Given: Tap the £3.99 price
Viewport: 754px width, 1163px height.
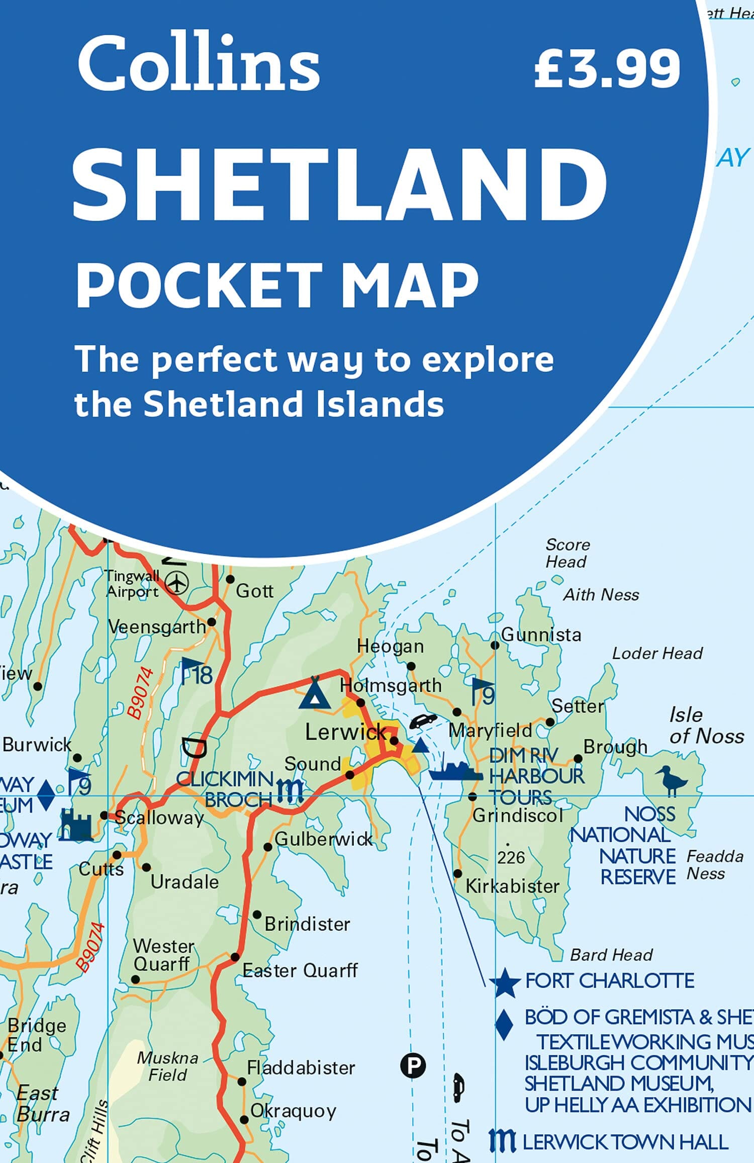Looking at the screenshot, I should [x=607, y=68].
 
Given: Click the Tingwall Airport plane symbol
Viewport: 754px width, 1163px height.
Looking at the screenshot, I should [x=176, y=583].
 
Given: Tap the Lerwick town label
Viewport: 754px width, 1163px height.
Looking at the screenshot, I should [x=346, y=732].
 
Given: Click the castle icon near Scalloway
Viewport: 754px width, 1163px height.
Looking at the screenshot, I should [x=76, y=825].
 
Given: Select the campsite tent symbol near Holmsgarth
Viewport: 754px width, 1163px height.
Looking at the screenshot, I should [x=314, y=694].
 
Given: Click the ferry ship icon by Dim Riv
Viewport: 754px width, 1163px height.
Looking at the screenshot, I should [x=455, y=771].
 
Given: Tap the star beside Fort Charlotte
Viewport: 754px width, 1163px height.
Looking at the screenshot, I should [x=505, y=981].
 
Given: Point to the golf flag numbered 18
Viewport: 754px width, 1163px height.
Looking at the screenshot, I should [x=196, y=672].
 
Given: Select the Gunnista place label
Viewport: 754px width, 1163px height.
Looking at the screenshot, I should [x=541, y=635].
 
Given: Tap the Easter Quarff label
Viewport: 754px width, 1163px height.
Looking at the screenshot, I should [x=300, y=970].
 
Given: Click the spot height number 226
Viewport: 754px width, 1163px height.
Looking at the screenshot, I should [x=511, y=857].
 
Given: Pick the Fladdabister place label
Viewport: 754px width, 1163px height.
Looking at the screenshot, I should [x=301, y=1067].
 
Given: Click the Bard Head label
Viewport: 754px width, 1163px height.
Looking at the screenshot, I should [x=611, y=954].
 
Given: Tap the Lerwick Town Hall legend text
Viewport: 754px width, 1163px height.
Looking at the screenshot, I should [x=625, y=1142].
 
